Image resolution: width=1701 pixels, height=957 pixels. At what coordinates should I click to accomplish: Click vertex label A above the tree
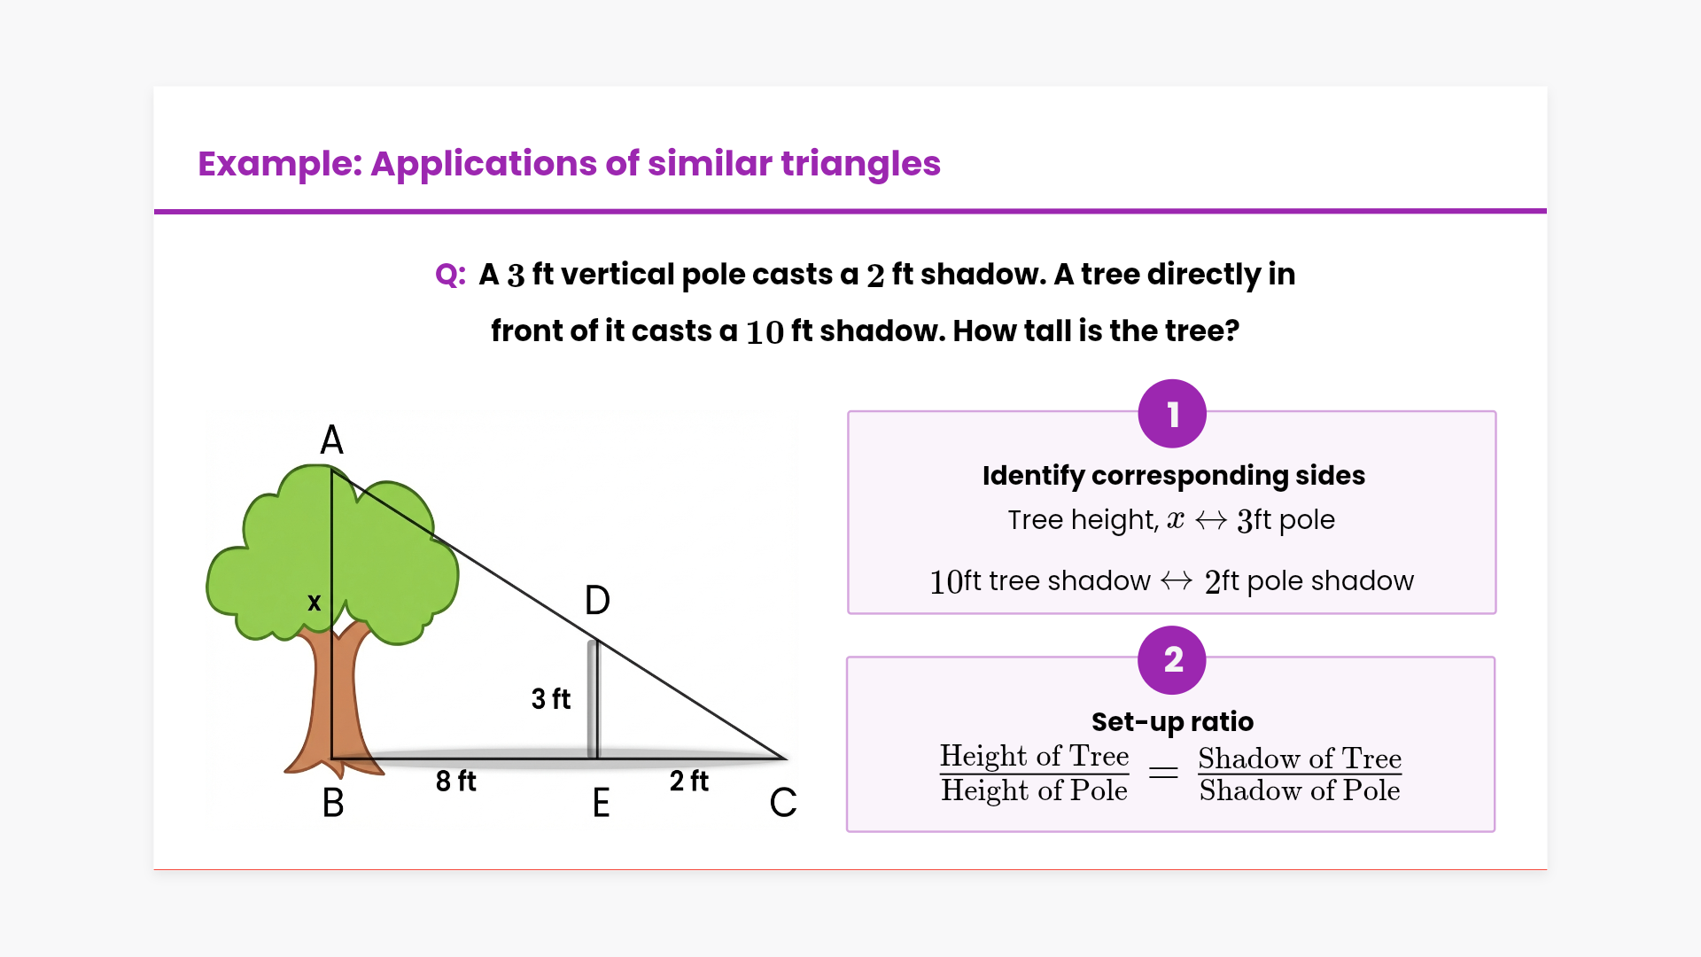pyautogui.click(x=331, y=440)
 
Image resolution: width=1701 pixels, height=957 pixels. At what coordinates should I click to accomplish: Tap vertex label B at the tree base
pyautogui.click(x=333, y=803)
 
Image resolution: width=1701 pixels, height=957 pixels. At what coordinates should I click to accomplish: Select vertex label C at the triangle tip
pyautogui.click(x=783, y=803)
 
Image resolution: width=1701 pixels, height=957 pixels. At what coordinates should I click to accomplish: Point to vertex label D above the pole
pyautogui.click(x=597, y=600)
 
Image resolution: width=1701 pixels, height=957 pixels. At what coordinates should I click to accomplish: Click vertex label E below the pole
pyautogui.click(x=601, y=803)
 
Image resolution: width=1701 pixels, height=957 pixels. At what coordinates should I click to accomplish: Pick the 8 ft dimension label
pyautogui.click(x=455, y=781)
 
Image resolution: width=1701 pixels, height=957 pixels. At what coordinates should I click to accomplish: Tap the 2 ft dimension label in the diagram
pyautogui.click(x=689, y=781)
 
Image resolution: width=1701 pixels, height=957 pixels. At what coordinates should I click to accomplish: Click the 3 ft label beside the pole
pyautogui.click(x=551, y=698)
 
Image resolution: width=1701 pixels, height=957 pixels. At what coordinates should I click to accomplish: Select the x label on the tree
pyautogui.click(x=314, y=603)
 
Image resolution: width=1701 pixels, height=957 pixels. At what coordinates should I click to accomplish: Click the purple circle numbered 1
pyautogui.click(x=1172, y=414)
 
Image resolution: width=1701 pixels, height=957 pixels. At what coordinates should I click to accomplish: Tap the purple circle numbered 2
pyautogui.click(x=1172, y=660)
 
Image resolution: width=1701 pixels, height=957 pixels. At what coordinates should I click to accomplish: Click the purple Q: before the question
pyautogui.click(x=450, y=275)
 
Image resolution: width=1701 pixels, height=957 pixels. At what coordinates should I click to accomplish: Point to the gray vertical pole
pyautogui.click(x=593, y=699)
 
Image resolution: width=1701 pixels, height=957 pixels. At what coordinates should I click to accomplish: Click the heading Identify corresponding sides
pyautogui.click(x=1174, y=476)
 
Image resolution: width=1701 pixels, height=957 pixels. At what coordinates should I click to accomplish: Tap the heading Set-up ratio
pyautogui.click(x=1172, y=722)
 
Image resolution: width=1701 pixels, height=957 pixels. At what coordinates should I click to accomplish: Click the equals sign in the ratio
pyautogui.click(x=1163, y=774)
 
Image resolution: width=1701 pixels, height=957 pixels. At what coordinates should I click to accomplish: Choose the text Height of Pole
pyautogui.click(x=1034, y=790)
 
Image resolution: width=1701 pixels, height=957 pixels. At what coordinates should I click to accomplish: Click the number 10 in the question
pyautogui.click(x=765, y=332)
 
